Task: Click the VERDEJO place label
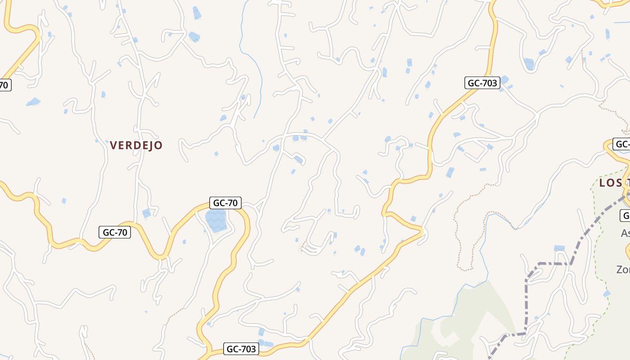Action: [136, 145]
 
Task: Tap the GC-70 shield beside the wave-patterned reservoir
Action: [225, 203]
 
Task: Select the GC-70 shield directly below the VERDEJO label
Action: [115, 232]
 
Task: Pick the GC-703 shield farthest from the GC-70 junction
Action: [482, 83]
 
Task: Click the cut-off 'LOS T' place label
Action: [614, 183]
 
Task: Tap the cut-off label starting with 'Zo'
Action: [623, 270]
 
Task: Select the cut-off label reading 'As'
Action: [625, 233]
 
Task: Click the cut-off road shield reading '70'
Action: [4, 85]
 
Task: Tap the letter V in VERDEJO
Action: [113, 145]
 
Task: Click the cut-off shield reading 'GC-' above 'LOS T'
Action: [621, 144]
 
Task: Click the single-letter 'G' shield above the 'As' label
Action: [626, 215]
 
